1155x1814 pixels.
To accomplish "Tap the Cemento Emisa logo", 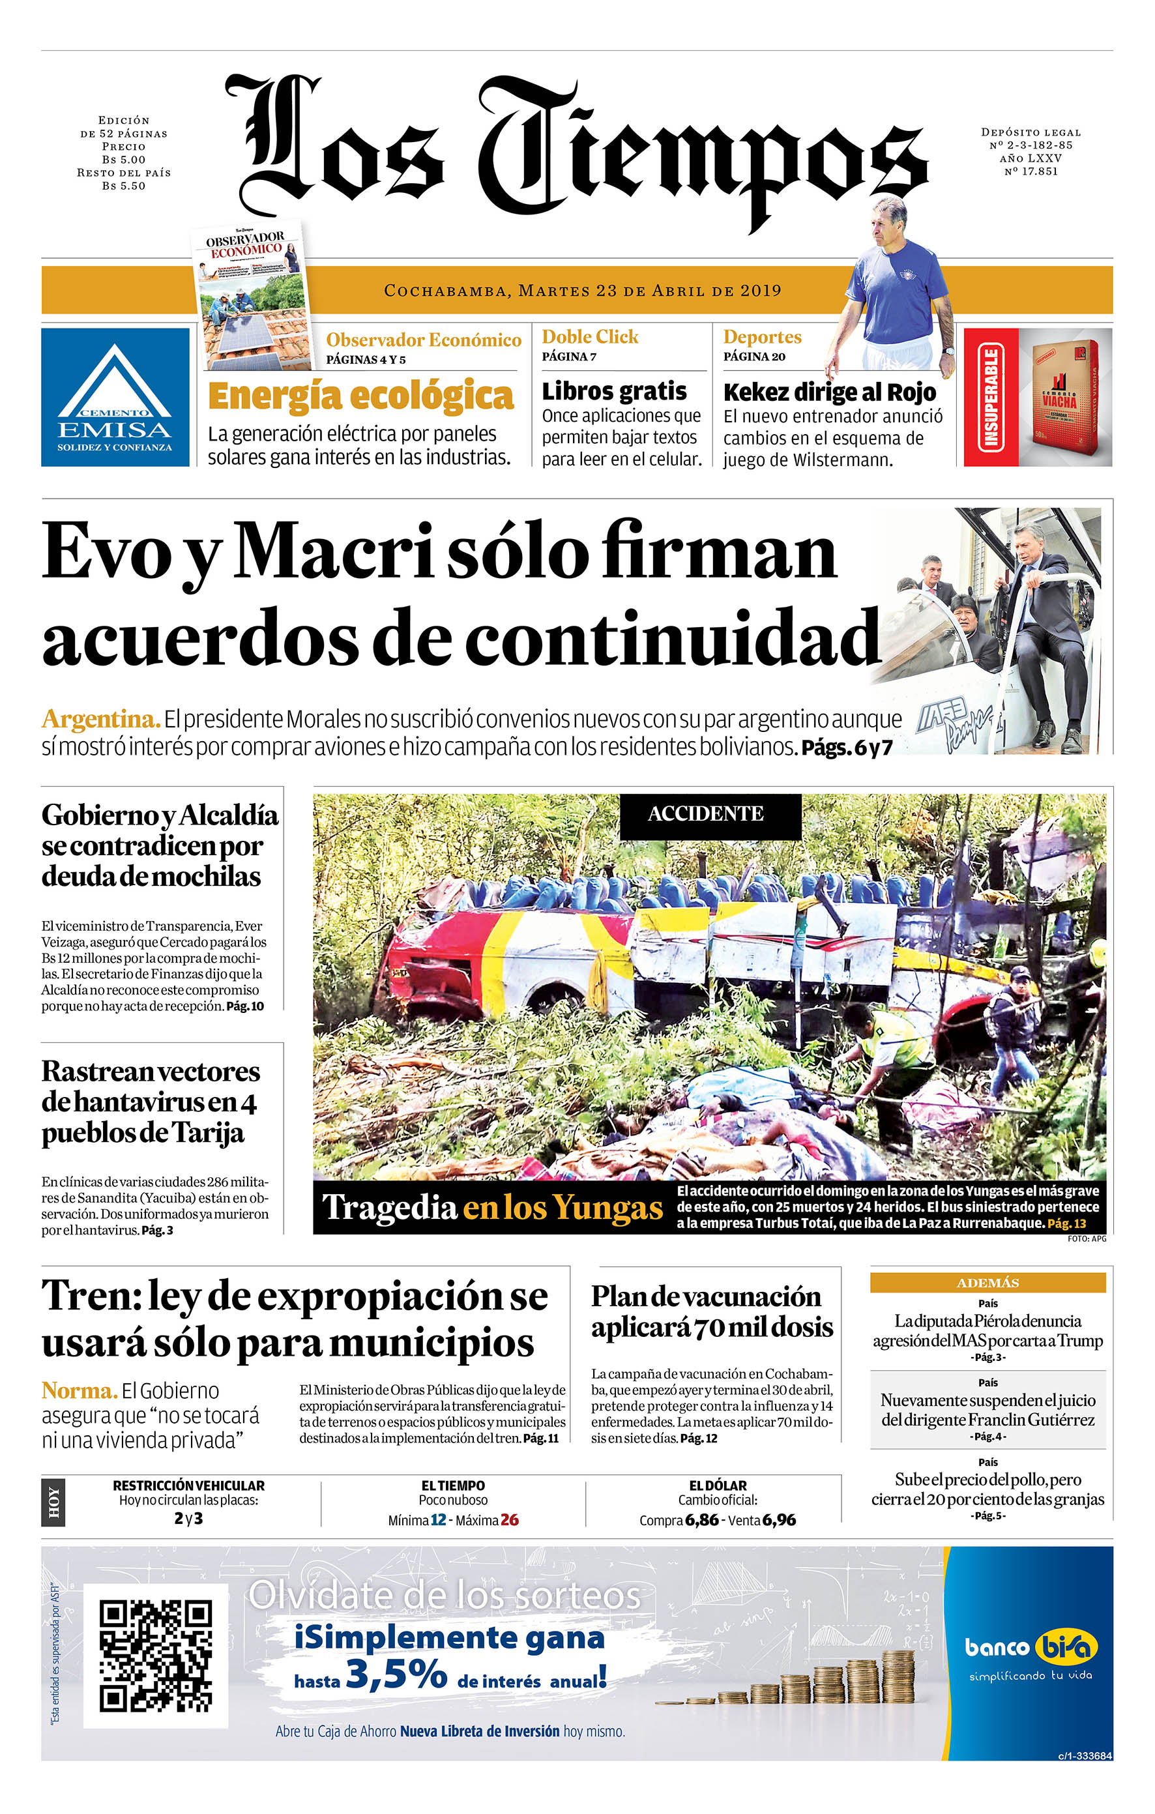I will pos(115,397).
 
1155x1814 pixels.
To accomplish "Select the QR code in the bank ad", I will pos(155,1656).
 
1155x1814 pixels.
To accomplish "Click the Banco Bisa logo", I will pos(1030,1648).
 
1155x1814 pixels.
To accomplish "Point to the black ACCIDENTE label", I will pos(705,813).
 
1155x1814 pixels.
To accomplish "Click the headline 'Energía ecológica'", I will pos(360,396).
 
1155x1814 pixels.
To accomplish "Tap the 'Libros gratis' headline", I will pos(614,391).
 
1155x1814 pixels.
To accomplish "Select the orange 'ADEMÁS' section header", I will pos(987,1282).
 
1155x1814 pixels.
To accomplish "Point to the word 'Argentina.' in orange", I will pos(101,719).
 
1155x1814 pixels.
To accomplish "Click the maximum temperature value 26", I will pos(509,1519).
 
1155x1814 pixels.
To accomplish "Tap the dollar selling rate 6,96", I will pos(778,1519).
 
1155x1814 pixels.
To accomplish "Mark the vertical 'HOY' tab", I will pos(53,1503).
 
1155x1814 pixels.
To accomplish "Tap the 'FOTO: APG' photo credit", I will pos(1087,1238).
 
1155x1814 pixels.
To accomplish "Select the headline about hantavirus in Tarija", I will pos(150,1102).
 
